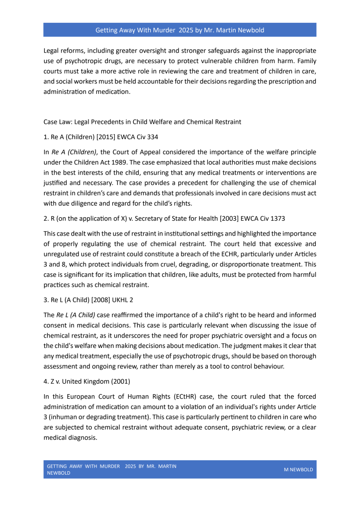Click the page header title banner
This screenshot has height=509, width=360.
180,30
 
